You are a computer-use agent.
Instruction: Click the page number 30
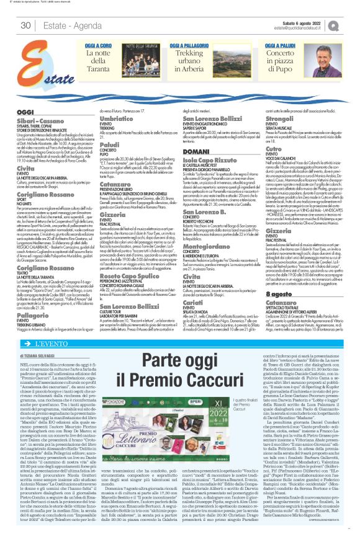click(25, 25)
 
